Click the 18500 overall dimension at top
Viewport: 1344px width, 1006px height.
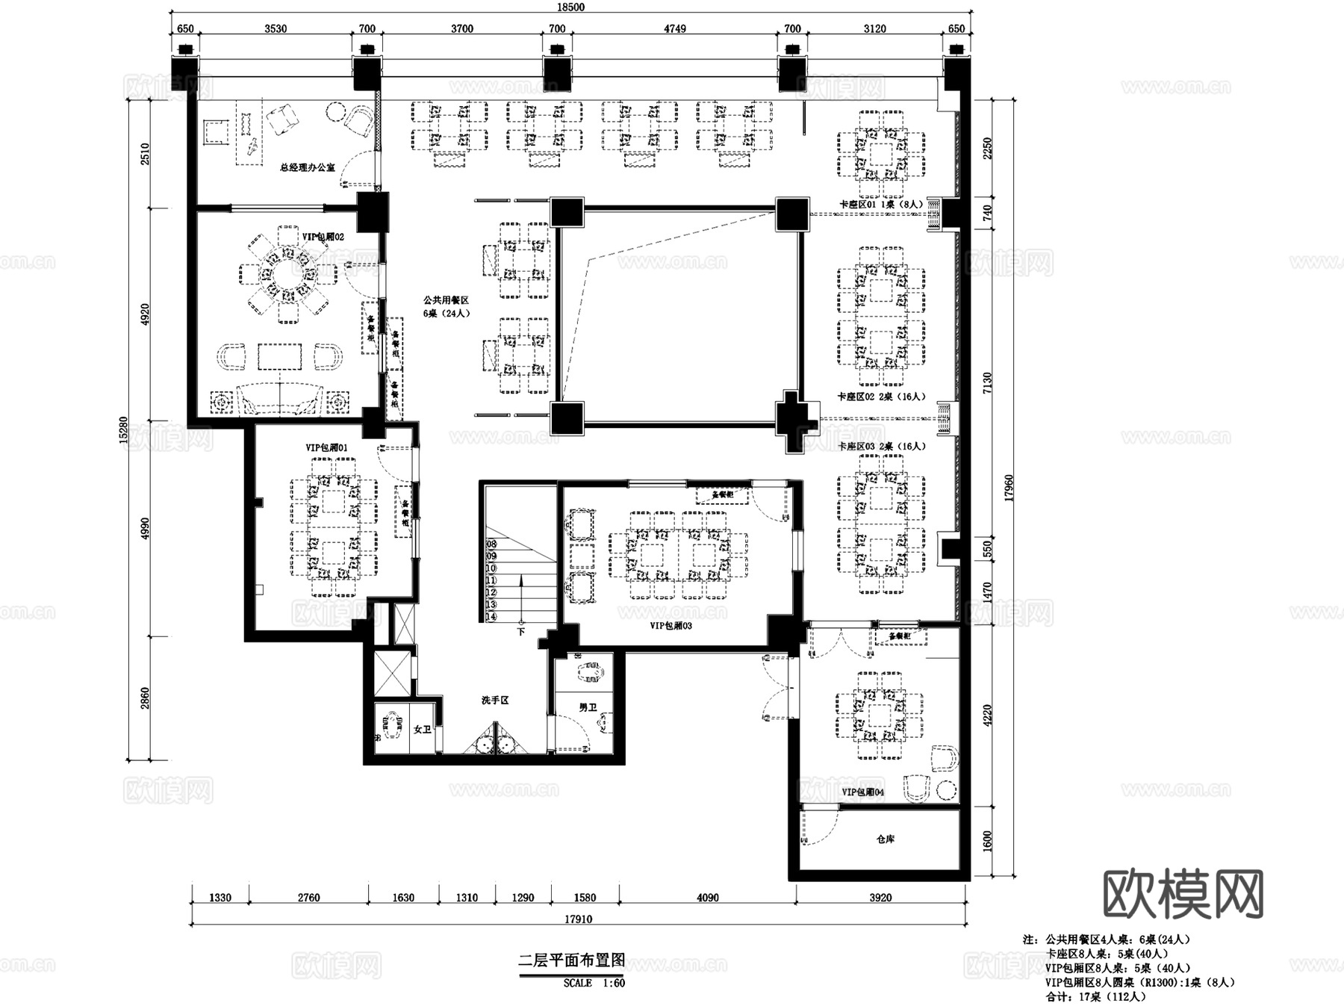[x=570, y=7]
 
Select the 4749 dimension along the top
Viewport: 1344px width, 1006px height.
[x=674, y=28]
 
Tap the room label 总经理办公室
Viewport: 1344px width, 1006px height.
[x=308, y=167]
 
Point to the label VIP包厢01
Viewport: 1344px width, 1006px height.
[x=326, y=447]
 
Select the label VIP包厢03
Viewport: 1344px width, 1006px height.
[x=671, y=626]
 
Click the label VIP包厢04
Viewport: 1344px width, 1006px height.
[x=862, y=792]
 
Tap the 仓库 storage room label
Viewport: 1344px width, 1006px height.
[x=885, y=839]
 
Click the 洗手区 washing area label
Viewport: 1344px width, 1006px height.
[x=494, y=701]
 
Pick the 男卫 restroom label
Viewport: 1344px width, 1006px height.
[x=588, y=707]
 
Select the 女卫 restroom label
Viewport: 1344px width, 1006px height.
[x=422, y=729]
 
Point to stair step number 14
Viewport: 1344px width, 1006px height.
[x=491, y=617]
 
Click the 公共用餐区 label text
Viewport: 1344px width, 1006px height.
[x=446, y=299]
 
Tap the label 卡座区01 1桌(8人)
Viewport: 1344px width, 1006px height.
[x=880, y=203]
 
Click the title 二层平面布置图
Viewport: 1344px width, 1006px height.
[x=570, y=960]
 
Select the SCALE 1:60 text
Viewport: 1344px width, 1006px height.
[x=594, y=983]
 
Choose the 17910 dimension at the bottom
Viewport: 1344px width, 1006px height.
[x=578, y=919]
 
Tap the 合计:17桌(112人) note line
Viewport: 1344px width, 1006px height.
[x=1094, y=996]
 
